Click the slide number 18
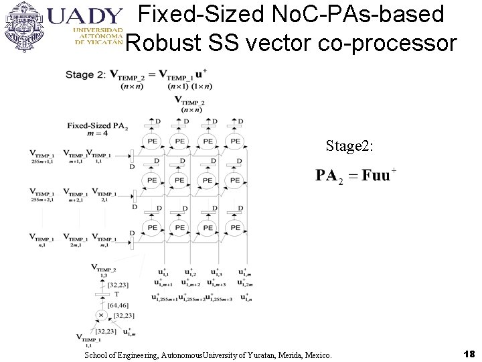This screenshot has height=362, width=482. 469,353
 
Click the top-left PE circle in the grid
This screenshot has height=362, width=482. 152,141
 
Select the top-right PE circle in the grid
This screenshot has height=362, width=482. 235,141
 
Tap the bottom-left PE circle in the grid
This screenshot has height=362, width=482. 152,228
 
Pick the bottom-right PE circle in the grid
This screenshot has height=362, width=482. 235,228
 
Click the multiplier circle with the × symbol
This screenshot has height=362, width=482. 102,314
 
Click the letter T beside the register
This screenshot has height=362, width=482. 116,294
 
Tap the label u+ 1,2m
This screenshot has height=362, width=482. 246,285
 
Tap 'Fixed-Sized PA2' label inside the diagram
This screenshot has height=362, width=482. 97,125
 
